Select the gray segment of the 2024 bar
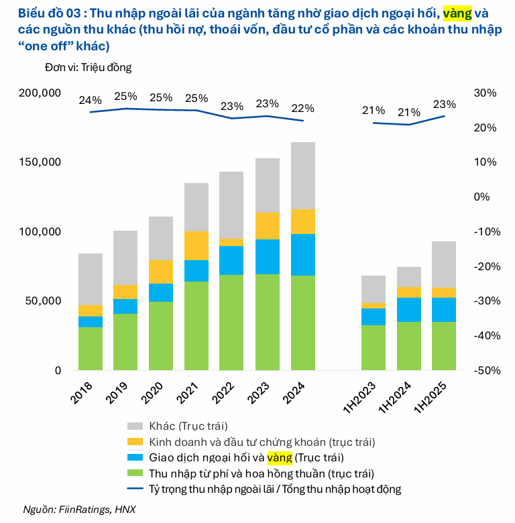[303, 175]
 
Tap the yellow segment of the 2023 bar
[268, 226]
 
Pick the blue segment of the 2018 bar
[91, 322]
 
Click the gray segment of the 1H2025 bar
[444, 264]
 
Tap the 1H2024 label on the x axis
[402, 400]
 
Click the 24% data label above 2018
[91, 101]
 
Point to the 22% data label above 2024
[302, 109]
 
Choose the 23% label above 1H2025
[444, 105]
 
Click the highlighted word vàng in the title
[457, 13]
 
